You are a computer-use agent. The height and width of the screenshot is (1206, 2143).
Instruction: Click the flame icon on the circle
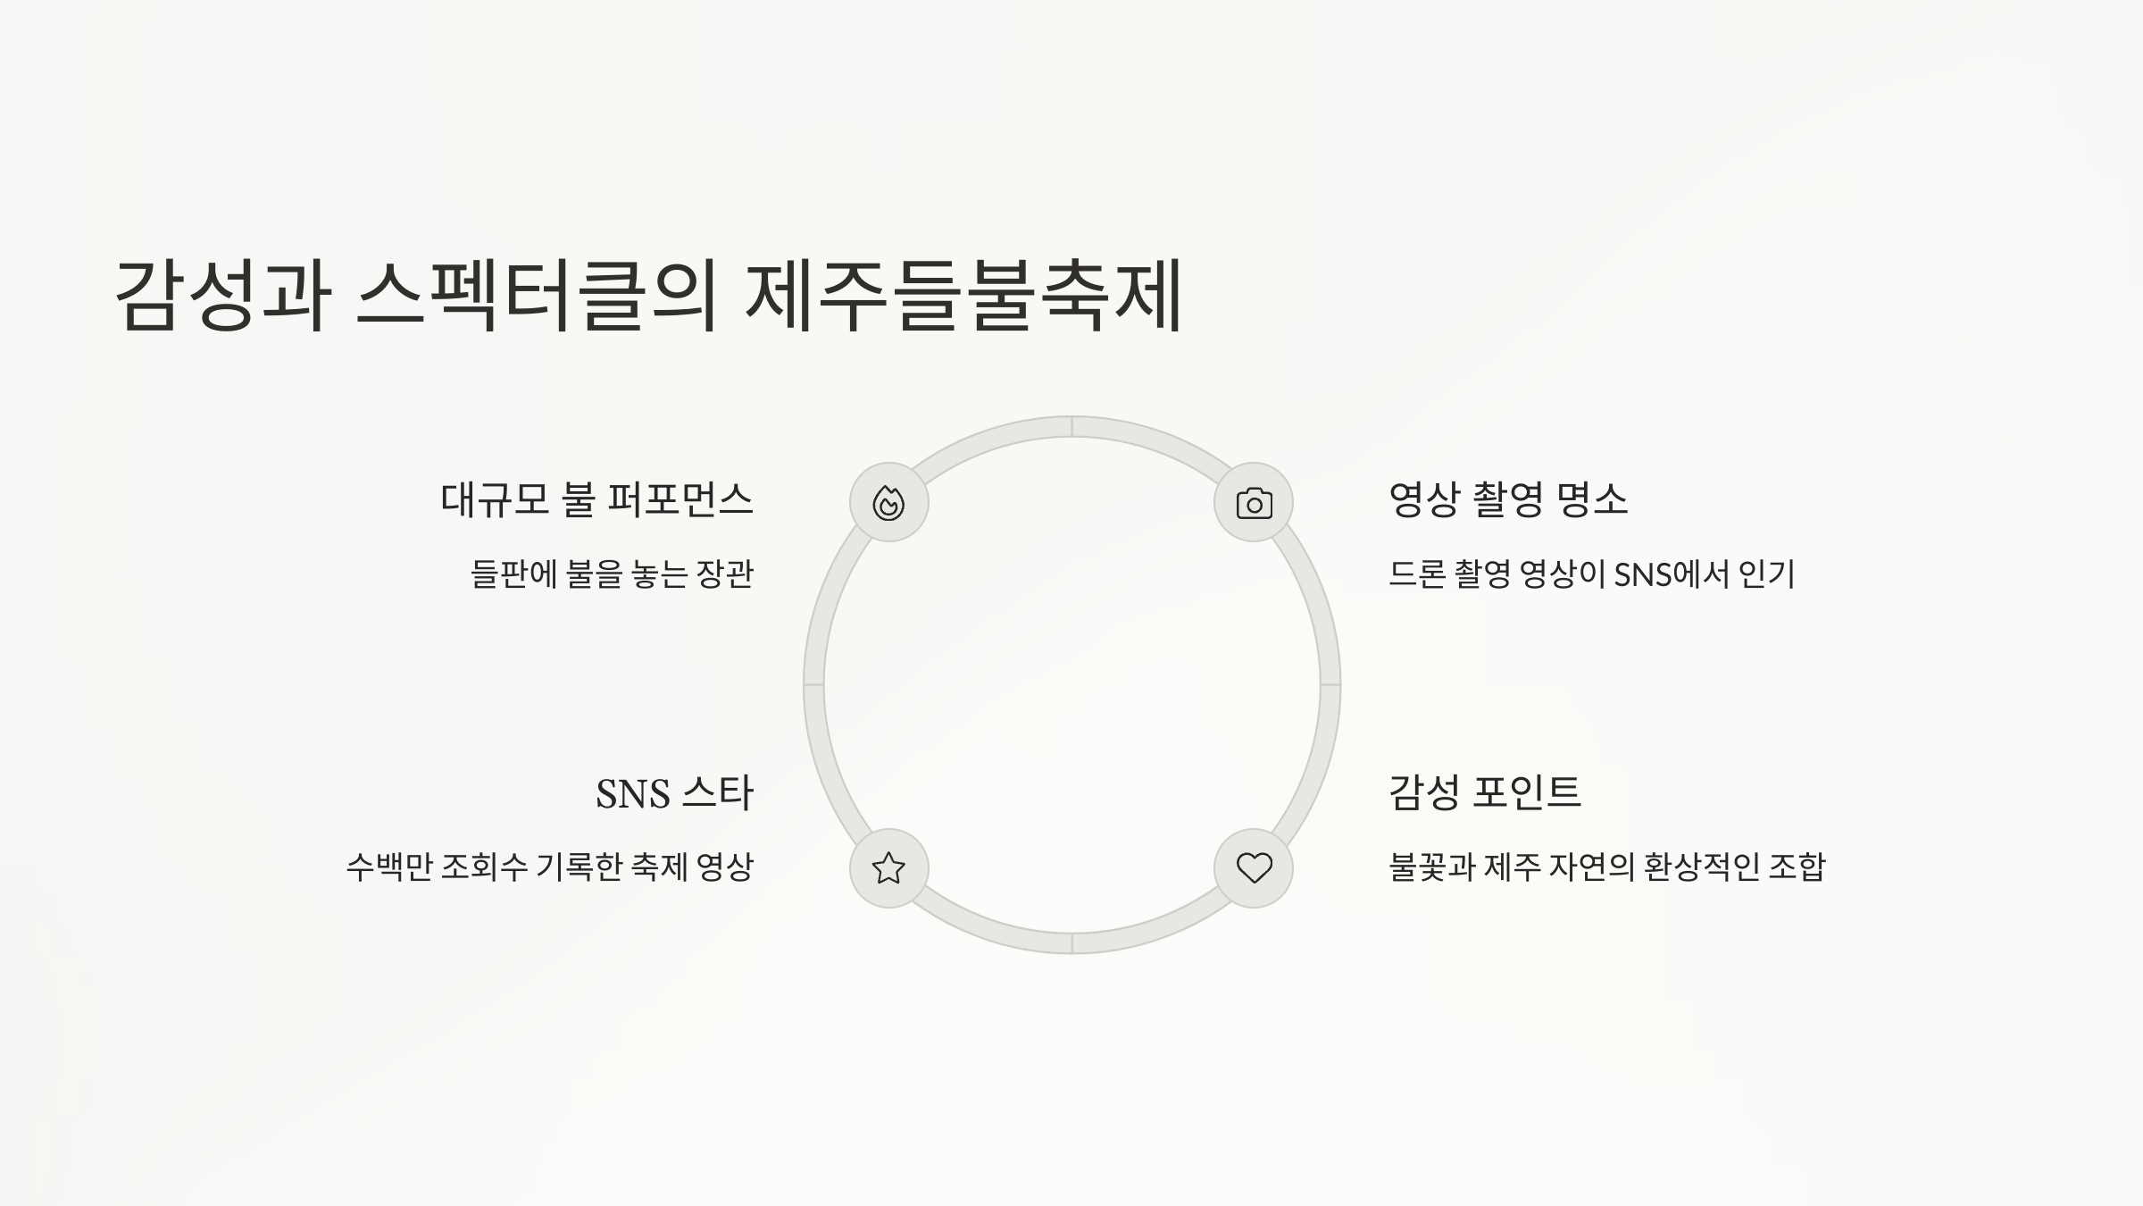888,503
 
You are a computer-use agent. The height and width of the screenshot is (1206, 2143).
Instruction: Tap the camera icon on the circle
1254,503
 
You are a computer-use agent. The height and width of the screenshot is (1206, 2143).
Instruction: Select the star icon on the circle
888,867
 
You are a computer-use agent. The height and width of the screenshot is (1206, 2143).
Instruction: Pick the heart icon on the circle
1254,867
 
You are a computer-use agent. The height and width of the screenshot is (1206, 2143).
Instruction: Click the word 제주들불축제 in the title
964,295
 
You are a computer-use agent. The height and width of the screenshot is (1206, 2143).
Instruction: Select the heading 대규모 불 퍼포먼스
596,499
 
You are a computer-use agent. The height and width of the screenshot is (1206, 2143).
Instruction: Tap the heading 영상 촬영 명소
1508,499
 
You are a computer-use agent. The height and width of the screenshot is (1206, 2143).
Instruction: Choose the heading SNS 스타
674,793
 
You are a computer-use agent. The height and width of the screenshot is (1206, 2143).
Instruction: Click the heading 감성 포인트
1484,792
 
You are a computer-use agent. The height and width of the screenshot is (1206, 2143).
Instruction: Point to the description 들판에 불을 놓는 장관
612,574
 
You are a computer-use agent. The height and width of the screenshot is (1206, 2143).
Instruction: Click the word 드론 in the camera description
1416,574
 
